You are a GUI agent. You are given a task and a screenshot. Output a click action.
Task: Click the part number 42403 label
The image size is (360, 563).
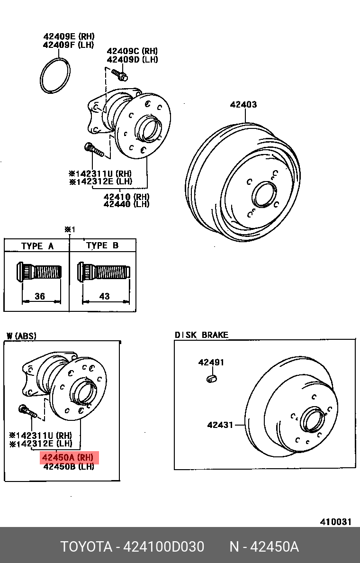point(243,104)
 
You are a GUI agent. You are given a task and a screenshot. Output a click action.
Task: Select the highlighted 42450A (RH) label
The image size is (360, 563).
point(70,458)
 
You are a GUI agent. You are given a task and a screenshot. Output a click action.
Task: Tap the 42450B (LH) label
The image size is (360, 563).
point(69,466)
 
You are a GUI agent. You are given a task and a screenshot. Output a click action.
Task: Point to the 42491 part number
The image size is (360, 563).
point(211,363)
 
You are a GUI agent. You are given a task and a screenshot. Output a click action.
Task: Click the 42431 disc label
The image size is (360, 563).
point(220,425)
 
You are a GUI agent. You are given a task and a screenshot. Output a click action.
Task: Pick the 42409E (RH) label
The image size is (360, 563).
point(69,36)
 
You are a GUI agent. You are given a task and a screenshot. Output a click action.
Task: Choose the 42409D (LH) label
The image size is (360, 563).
point(132,60)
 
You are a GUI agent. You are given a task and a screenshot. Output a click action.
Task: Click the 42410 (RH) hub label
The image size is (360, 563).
point(126,196)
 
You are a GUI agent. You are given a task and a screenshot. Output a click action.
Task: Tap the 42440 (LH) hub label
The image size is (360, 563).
point(126,204)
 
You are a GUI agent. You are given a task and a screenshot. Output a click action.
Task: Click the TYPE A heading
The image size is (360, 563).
point(37,246)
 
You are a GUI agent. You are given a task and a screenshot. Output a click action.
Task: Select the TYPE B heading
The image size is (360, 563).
point(102,245)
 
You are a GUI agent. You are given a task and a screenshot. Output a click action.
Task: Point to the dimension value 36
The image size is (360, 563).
point(40,296)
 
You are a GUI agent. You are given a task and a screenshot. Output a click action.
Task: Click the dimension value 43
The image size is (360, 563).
point(105,296)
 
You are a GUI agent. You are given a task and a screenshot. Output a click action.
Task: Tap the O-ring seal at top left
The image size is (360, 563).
point(56,76)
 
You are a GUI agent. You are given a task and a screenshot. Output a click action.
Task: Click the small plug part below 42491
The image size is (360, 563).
point(211,378)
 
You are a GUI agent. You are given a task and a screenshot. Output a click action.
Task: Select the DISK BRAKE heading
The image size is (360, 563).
point(201,335)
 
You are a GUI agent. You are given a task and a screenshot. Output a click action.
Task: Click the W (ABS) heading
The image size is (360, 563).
point(21,336)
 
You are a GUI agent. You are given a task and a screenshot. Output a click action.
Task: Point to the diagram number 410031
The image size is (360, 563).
point(335,522)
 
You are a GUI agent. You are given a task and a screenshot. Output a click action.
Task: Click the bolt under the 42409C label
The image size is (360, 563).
point(119,74)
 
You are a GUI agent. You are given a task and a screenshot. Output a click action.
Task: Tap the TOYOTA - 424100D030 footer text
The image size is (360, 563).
point(132,547)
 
